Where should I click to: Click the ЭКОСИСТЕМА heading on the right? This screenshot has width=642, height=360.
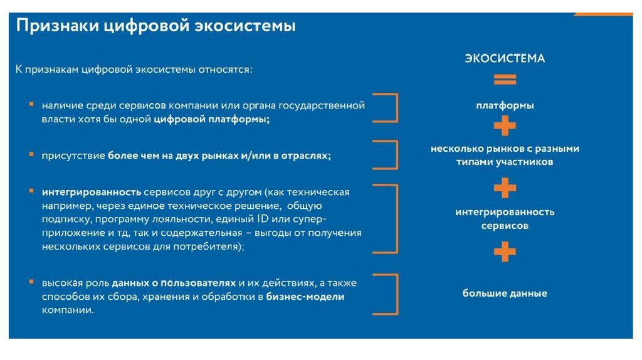(504, 58)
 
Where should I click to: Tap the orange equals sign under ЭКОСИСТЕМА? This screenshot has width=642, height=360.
(504, 80)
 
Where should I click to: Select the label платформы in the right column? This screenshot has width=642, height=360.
(504, 106)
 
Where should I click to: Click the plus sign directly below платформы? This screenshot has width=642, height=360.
(504, 127)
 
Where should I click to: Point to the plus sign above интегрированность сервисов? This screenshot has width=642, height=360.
(504, 188)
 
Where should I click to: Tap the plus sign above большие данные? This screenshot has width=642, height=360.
(504, 252)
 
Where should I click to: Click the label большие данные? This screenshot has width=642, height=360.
(505, 293)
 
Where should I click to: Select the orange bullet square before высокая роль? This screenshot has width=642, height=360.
(31, 281)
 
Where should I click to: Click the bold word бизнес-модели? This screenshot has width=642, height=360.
(305, 297)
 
